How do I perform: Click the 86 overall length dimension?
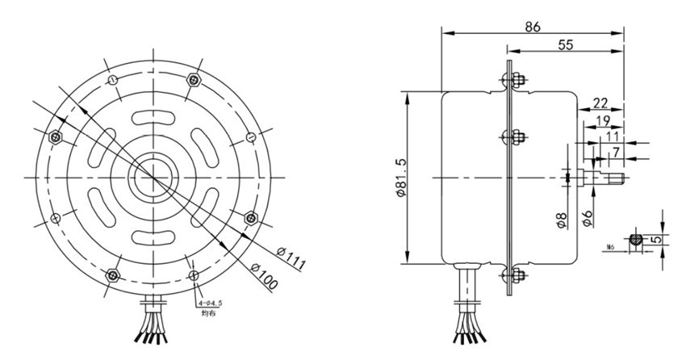[533, 25]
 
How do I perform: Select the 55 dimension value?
[566, 46]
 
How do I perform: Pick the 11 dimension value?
[612, 136]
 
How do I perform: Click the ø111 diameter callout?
[289, 257]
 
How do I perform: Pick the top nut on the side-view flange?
[512, 81]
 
